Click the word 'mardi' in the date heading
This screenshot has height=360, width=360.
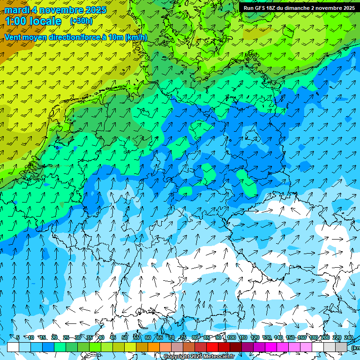18,10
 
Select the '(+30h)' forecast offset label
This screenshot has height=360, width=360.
81,21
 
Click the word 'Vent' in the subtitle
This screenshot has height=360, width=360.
14,37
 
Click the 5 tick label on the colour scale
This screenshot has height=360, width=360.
17,337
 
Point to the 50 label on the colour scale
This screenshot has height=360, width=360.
124,337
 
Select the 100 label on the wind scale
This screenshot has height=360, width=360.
231,337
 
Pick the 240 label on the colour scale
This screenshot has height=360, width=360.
349,337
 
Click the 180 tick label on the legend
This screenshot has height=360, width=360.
313,337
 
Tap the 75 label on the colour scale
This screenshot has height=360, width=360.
183,337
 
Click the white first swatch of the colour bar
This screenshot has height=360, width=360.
13,347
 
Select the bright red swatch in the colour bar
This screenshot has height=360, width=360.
212,347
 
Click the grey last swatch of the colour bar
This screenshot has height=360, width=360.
341,347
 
